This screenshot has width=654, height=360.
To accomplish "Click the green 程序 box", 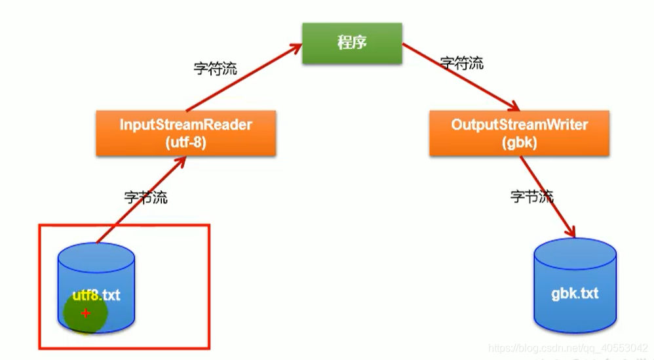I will [351, 43].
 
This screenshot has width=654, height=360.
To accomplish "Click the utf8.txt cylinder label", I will [96, 295].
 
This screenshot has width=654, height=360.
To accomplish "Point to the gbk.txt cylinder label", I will [575, 293].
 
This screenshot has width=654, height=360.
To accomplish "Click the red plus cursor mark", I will [85, 314].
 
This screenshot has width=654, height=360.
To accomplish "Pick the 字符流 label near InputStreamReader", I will [215, 68].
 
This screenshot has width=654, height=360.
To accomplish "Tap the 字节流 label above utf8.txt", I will [145, 197].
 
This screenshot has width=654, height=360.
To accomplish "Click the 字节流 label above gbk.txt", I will [531, 195].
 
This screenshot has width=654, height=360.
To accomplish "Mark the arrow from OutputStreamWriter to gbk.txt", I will [548, 197].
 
